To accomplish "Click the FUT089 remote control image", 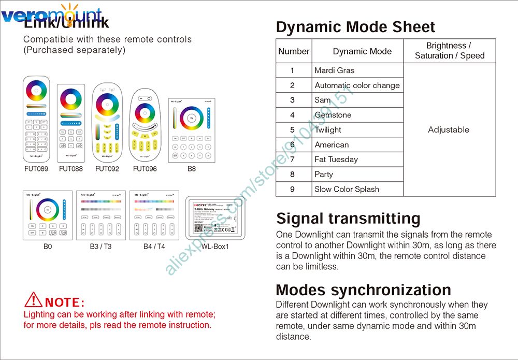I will [36, 119].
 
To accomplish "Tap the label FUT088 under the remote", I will [71, 169].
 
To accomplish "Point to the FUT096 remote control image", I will [145, 124].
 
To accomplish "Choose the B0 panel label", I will [48, 247].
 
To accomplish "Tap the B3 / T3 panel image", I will [101, 215].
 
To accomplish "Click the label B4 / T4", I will [154, 247].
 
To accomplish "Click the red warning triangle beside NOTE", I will [34, 299].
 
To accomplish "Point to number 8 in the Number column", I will [293, 175].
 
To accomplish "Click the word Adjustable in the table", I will [449, 129].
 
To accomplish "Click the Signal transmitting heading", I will [348, 219].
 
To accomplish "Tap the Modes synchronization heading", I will [363, 290].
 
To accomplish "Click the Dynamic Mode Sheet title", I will [355, 27].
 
